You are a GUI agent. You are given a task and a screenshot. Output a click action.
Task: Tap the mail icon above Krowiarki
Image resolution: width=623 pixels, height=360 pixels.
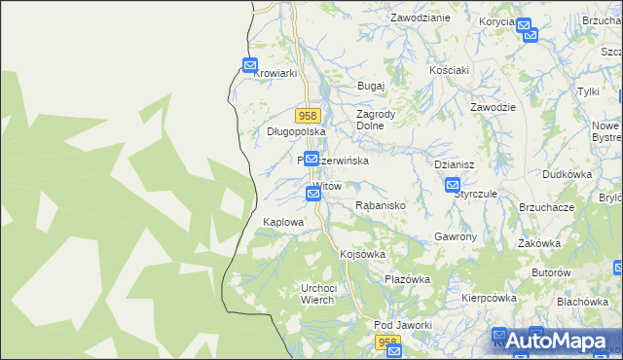[250, 66]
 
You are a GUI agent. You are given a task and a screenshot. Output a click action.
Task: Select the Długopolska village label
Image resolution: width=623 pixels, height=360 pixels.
[295, 131]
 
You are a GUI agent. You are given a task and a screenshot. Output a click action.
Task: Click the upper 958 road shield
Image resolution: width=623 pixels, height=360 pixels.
[309, 116]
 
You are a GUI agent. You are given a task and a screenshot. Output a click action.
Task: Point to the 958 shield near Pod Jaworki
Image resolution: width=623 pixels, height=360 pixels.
[387, 342]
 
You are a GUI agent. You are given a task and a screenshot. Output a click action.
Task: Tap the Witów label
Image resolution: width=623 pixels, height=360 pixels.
[328, 185]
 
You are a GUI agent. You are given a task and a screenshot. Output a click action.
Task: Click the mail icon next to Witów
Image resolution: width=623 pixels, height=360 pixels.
[313, 194]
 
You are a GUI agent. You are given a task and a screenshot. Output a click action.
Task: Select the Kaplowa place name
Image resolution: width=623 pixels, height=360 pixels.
[283, 222]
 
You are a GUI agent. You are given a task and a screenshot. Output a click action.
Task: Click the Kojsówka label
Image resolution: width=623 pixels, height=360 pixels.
[362, 254]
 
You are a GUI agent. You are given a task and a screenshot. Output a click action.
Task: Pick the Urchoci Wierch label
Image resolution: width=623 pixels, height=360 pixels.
[318, 293]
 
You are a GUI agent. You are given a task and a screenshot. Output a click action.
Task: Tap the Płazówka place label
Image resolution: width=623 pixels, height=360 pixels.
[407, 279]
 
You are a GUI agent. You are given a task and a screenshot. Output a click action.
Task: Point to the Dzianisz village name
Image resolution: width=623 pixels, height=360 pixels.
[454, 165]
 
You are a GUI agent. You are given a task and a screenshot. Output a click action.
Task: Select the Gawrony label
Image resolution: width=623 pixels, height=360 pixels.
[455, 237]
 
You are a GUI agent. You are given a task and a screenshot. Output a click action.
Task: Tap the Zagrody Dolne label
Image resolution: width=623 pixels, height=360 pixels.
[375, 119]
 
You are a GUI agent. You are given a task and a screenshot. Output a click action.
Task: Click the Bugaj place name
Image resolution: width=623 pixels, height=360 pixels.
[371, 87]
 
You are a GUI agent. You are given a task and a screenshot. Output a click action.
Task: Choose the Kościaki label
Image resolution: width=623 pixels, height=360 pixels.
[450, 70]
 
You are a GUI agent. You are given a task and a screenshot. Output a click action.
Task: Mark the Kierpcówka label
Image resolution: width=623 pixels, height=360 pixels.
[487, 298]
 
